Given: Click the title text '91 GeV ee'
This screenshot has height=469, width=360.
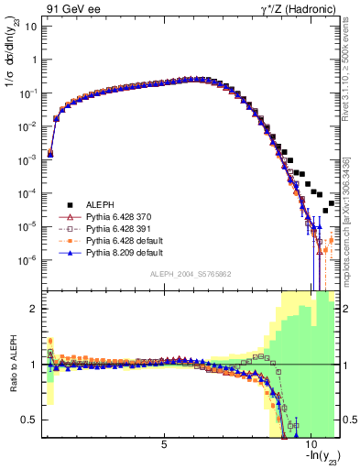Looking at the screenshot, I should point(70,7).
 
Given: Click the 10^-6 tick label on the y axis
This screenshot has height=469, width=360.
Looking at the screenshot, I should point(29,260).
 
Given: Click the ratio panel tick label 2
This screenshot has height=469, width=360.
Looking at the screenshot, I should point(34,309).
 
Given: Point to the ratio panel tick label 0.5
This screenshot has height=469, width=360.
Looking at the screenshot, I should point(30,420).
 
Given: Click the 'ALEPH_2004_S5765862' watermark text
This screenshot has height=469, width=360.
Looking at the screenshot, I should point(190,275).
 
